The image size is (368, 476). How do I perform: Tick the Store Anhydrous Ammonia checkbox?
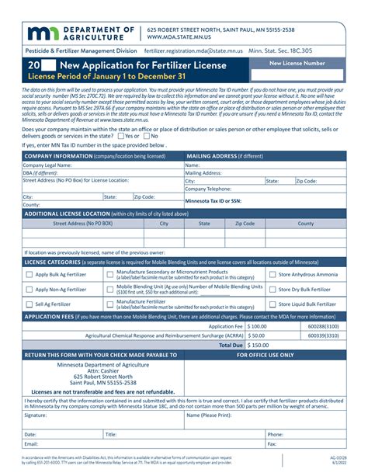point(273,275)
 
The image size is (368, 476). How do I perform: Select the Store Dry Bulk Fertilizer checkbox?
point(273,290)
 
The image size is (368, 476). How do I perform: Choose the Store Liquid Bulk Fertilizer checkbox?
point(273,304)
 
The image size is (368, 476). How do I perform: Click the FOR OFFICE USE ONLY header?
point(265,355)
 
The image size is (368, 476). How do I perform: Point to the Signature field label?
point(36,415)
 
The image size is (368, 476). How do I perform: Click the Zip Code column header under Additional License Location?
point(244,223)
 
